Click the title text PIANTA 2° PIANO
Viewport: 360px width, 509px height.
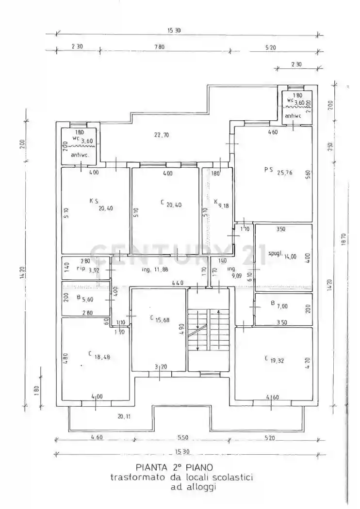coord(174,468)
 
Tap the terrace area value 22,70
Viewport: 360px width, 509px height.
coord(162,135)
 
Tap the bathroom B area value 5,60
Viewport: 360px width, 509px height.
coord(87,299)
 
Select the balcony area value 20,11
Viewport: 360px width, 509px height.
coord(124,415)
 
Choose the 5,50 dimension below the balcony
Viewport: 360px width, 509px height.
coord(182,438)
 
